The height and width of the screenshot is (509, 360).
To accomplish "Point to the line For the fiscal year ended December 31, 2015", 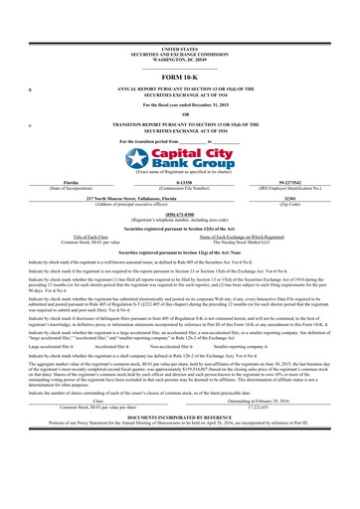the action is pyautogui.click(x=179, y=103).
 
